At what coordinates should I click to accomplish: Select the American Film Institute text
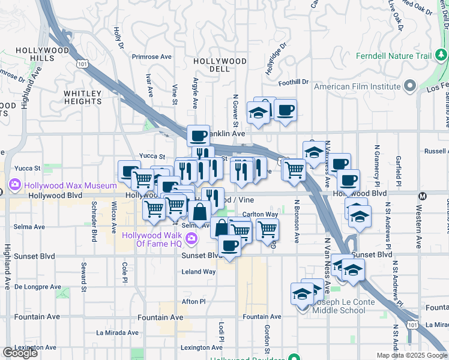click(357, 87)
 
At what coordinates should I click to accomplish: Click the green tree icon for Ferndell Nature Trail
click(441, 56)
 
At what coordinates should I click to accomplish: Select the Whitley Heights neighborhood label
click(83, 97)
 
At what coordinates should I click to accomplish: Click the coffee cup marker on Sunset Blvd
click(229, 246)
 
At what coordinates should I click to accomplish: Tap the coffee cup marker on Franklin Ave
click(199, 136)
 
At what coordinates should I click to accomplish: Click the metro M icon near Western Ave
click(423, 196)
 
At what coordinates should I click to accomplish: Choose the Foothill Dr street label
click(292, 82)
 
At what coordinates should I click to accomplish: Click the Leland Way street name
click(199, 272)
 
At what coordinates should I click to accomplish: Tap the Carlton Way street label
click(260, 214)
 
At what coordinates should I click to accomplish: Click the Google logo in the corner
click(20, 353)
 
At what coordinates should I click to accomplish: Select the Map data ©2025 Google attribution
click(411, 355)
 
